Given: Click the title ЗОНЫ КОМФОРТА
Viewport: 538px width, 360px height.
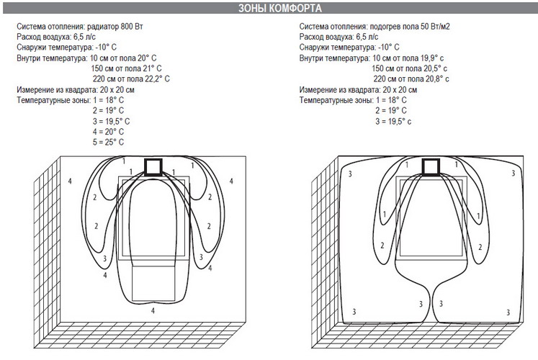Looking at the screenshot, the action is pyautogui.click(x=280, y=8).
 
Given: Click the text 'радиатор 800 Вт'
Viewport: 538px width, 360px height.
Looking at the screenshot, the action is pyautogui.click(x=115, y=27).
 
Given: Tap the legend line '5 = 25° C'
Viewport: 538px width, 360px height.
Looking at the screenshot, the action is pyautogui.click(x=108, y=142).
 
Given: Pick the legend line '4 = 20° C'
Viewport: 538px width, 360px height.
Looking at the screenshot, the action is pyautogui.click(x=108, y=132).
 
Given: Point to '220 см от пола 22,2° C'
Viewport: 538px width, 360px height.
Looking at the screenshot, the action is pyautogui.click(x=131, y=79).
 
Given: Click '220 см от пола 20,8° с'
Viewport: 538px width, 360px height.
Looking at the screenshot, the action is pyautogui.click(x=411, y=79).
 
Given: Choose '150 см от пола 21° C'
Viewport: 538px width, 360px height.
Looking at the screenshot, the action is pyautogui.click(x=126, y=68).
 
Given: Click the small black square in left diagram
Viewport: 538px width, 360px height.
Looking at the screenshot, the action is pyautogui.click(x=153, y=167).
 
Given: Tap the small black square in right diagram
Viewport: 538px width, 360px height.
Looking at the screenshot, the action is pyautogui.click(x=431, y=167).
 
